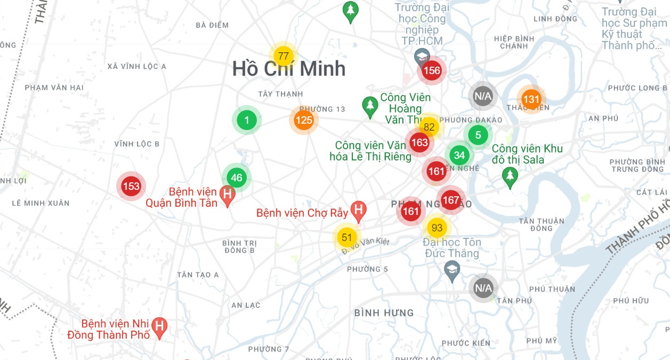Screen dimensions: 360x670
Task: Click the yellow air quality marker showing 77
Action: [284, 56]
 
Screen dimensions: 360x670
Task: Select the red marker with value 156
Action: [432, 70]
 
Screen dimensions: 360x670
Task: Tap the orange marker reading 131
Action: [531, 99]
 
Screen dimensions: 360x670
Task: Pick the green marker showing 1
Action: [246, 120]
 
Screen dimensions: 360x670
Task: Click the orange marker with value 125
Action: [304, 120]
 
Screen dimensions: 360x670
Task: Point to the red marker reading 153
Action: [131, 186]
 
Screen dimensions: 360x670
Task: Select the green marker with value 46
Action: [237, 178]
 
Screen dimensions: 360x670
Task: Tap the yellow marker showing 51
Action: [347, 237]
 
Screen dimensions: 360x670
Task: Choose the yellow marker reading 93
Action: [437, 228]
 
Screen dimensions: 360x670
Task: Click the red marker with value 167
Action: [451, 200]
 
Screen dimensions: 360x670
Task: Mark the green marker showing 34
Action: [459, 155]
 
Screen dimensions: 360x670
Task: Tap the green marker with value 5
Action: [478, 135]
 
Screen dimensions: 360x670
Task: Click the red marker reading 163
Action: [419, 142]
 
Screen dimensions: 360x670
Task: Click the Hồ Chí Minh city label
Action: [289, 69]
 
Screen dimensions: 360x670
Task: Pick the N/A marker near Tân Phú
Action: [483, 288]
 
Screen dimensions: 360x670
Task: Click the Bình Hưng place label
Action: [384, 313]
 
